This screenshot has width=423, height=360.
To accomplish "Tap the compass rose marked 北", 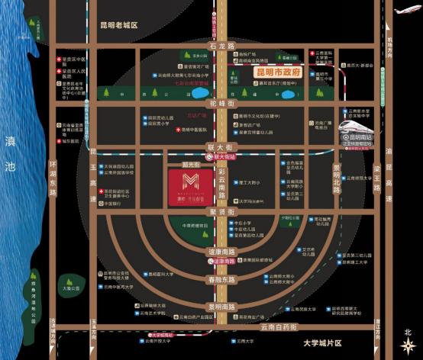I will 408,339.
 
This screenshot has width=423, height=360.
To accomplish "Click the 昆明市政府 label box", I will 276,73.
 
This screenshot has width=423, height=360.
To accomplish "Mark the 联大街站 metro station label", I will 226,156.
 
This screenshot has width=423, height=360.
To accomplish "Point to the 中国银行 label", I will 113,204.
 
